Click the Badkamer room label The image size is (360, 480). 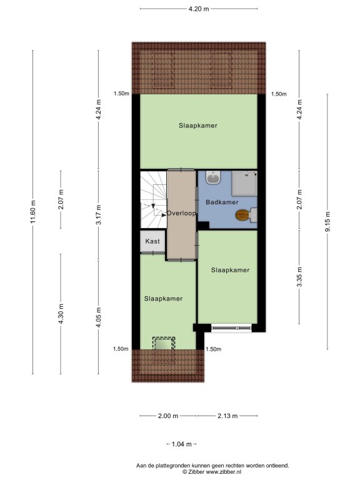[222, 202]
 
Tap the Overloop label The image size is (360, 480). [181, 213]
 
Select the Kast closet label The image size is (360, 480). [152, 241]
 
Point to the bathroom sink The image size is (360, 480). [213, 177]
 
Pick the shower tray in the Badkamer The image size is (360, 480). [244, 183]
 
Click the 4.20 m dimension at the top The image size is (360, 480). [199, 9]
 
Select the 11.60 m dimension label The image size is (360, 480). [33, 211]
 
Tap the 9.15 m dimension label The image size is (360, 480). [327, 222]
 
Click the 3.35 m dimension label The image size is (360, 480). [299, 277]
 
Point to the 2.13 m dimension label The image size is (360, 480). [227, 416]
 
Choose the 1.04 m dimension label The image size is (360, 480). [181, 444]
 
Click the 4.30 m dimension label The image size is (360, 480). [61, 314]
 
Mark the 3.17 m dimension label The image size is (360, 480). [99, 215]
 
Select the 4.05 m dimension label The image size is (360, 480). [99, 317]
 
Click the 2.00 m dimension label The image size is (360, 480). [168, 416]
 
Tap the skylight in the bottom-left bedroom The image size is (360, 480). [164, 344]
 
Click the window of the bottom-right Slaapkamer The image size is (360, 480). [231, 328]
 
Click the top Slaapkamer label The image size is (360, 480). [198, 126]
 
